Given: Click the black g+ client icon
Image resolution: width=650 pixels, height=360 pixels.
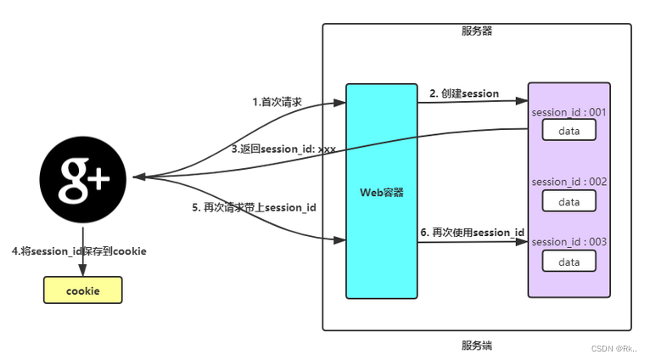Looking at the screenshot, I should (x=83, y=178).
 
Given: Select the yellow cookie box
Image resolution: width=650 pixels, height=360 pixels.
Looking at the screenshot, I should (x=83, y=290).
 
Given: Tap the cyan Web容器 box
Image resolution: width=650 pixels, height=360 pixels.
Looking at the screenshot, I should (x=381, y=192).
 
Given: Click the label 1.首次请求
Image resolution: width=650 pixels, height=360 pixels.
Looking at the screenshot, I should (x=277, y=102).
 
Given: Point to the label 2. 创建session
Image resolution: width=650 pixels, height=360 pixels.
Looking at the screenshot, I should (x=463, y=93).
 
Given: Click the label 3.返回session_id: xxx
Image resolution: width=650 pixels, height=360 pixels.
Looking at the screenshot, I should (x=283, y=149).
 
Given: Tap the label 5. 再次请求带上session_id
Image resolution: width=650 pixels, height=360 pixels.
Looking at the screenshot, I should (x=254, y=207).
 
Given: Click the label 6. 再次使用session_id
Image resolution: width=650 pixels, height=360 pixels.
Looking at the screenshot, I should (x=472, y=233).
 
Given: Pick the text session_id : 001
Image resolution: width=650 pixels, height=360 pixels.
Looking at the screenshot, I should (x=569, y=113).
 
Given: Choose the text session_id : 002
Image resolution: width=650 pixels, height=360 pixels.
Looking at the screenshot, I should (x=569, y=182).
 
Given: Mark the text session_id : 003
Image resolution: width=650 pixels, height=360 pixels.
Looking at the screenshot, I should (x=569, y=242).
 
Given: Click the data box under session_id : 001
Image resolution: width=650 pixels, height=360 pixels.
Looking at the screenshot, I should (x=569, y=130).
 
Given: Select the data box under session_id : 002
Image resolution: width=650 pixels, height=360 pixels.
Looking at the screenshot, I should (x=569, y=201).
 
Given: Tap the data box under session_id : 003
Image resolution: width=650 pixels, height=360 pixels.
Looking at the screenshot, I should (x=569, y=262).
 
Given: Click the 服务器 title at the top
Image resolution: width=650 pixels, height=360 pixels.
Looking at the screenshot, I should (x=477, y=31).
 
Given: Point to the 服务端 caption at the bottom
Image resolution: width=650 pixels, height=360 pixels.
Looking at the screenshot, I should (x=477, y=345).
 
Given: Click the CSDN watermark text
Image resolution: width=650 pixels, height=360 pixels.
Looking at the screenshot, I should (x=614, y=348).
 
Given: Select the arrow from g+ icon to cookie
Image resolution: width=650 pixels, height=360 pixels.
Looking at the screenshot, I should (x=83, y=246).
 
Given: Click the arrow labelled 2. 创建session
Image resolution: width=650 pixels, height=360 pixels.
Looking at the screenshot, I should (x=471, y=102).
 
